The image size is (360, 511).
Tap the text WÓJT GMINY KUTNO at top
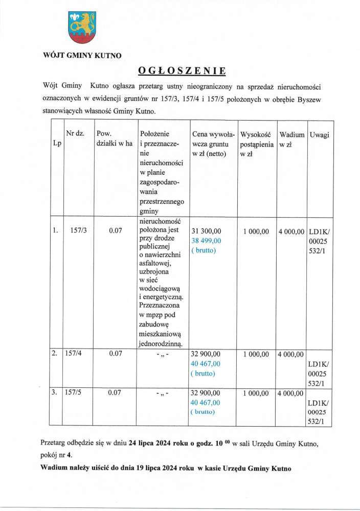[82, 56]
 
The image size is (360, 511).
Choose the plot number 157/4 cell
[73, 353]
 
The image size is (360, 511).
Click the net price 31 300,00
[206, 231]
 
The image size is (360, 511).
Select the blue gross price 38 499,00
[206, 241]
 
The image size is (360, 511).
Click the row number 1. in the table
[55, 231]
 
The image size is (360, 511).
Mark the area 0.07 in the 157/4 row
[115, 353]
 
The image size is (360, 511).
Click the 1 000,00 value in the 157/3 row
[256, 231]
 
